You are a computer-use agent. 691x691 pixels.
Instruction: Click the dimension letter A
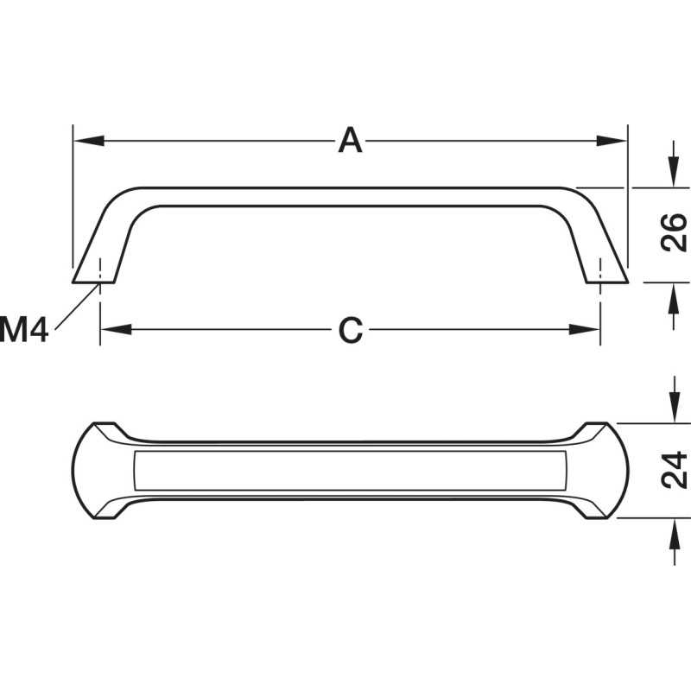tap(351, 140)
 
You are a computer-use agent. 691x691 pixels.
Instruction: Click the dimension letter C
tap(351, 330)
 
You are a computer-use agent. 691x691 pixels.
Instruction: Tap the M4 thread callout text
tap(23, 329)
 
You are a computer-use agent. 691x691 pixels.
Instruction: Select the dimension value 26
tap(674, 232)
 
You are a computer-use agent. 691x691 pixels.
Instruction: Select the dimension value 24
tap(675, 470)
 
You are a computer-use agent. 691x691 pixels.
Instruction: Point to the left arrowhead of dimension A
tap(89, 141)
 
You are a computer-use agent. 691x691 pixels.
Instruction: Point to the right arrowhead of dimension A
tap(612, 141)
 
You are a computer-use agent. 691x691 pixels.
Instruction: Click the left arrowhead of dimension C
tap(116, 329)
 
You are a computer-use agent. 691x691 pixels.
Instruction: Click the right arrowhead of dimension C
tap(585, 329)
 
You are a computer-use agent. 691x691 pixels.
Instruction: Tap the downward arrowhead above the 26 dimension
tap(673, 172)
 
